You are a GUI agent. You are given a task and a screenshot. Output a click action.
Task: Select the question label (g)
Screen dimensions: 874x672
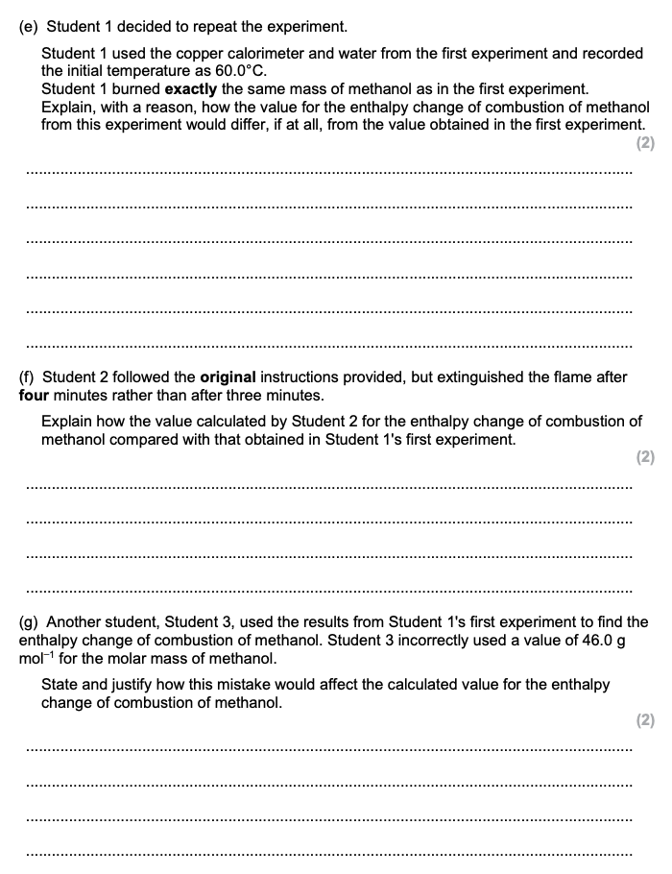(x=29, y=622)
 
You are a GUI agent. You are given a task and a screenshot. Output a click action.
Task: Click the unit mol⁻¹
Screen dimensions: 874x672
(x=37, y=659)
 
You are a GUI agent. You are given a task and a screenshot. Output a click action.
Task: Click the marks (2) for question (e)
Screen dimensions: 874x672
(x=645, y=144)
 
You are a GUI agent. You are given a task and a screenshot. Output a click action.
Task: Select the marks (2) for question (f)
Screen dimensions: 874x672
(x=645, y=458)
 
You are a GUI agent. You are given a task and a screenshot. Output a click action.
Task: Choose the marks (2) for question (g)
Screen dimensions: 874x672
(x=645, y=720)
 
